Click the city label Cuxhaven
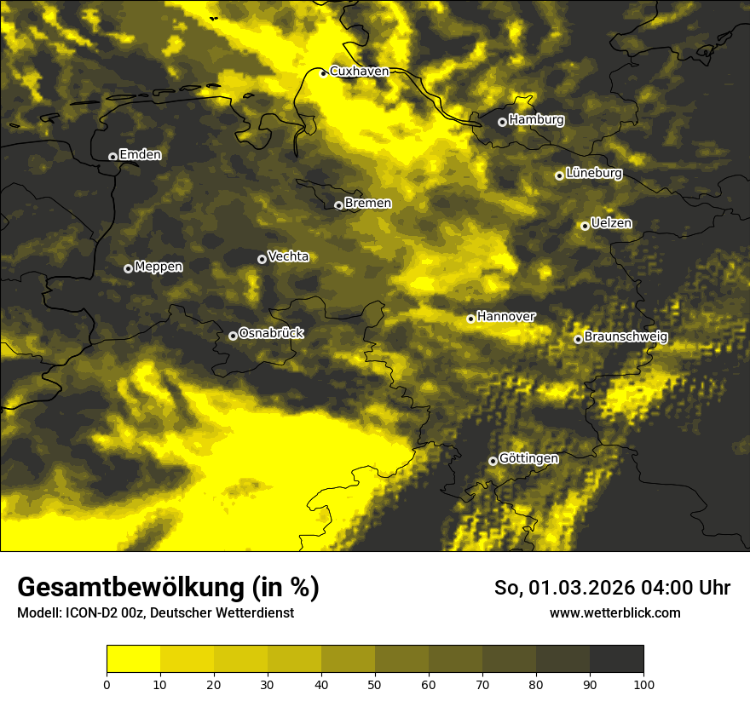[x=359, y=72]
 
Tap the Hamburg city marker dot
[x=502, y=122]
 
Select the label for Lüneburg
[x=594, y=174]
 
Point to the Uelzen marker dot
[x=585, y=226]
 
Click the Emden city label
[x=140, y=155]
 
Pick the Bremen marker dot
[x=338, y=205]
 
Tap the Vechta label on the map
[x=288, y=256]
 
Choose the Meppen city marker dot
[x=128, y=268]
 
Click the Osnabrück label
[x=271, y=333]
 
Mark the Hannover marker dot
[x=470, y=319]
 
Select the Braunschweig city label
[x=626, y=337]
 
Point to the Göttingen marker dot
[x=493, y=461]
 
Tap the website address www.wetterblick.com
[x=614, y=612]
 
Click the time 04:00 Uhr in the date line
[x=688, y=588]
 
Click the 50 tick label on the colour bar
[x=375, y=684]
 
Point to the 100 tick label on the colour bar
[x=643, y=684]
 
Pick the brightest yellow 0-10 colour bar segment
[x=133, y=659]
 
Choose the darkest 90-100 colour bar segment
[x=616, y=659]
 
